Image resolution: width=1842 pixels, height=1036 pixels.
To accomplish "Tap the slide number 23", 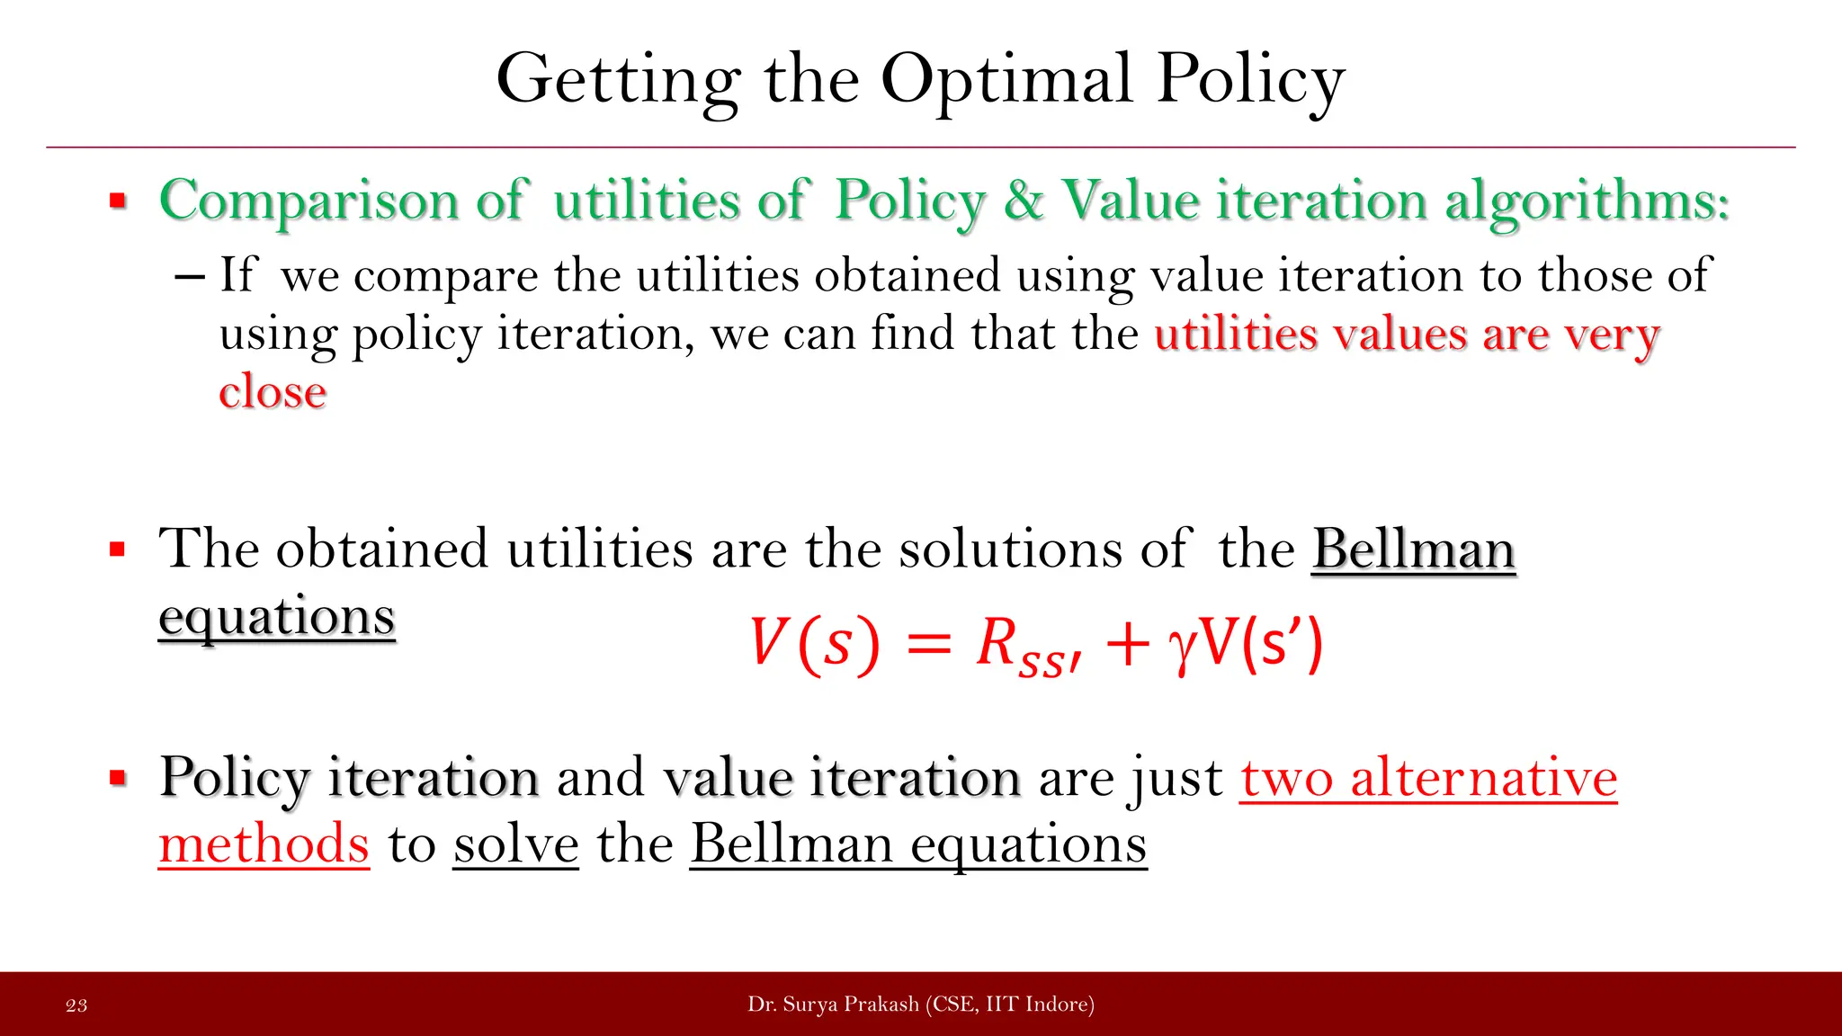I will click(76, 1005).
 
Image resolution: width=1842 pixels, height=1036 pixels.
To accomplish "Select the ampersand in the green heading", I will click(1024, 200).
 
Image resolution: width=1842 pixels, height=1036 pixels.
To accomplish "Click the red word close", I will click(273, 392).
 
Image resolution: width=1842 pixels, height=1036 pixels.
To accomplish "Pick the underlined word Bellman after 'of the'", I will click(1414, 549).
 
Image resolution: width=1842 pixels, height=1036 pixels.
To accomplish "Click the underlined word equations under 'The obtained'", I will click(277, 617).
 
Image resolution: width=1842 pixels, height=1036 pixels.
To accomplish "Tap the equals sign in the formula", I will click(927, 645).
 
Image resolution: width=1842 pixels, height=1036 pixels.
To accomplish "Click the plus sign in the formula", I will click(1128, 645).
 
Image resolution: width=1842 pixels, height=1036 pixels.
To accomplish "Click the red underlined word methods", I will click(264, 845).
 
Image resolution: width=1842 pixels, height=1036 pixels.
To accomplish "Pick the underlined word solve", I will click(515, 845).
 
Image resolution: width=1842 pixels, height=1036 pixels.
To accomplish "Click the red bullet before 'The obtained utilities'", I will click(117, 549).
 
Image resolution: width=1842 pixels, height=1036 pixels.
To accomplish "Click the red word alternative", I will click(1483, 778).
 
